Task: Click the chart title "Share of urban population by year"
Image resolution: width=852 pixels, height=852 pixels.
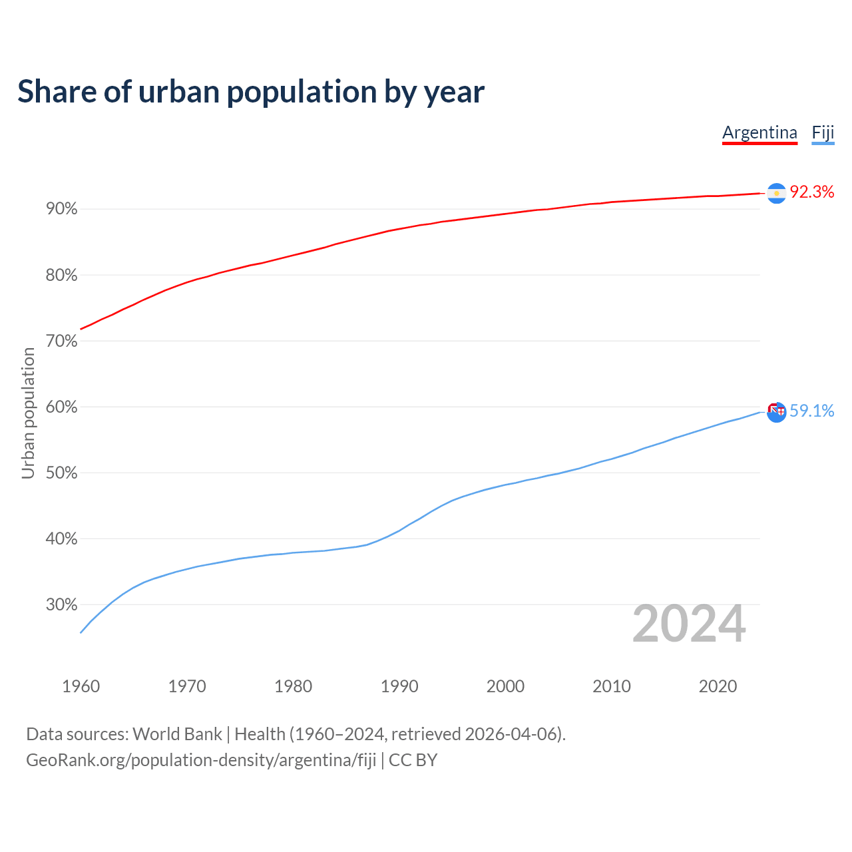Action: tap(251, 92)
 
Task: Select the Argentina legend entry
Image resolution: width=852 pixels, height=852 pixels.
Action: tap(759, 132)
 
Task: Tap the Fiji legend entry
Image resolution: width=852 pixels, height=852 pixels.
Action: tap(823, 132)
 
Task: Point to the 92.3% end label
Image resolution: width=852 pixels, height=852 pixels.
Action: tap(811, 192)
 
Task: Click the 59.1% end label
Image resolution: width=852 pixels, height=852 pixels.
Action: tap(811, 411)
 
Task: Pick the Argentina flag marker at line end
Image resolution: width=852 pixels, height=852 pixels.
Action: tap(776, 193)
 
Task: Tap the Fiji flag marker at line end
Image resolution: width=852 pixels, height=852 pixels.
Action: tap(776, 411)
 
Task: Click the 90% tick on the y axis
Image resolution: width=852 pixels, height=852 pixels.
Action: tap(62, 209)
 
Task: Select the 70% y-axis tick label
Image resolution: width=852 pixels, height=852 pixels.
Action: tap(62, 341)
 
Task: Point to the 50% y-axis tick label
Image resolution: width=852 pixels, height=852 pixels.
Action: tap(62, 473)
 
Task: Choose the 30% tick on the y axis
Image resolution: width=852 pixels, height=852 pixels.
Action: tap(62, 604)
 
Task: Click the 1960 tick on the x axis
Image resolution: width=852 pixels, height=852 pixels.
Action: tap(81, 686)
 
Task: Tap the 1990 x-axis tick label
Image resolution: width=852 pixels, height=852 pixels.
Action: tap(399, 686)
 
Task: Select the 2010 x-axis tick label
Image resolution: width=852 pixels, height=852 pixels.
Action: tap(612, 686)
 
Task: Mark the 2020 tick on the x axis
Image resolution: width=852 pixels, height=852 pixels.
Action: tap(718, 686)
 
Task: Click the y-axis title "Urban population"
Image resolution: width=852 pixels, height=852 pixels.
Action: tap(28, 413)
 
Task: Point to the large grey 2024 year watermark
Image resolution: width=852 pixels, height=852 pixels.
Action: tap(689, 624)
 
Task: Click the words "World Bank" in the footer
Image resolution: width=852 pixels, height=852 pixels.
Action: tap(177, 734)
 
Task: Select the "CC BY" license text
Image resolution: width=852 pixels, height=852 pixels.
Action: tap(413, 760)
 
